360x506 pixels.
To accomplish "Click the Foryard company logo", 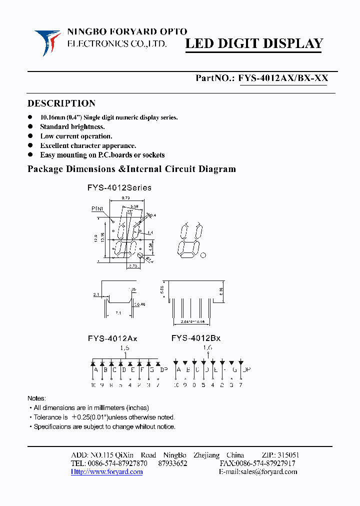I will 47,41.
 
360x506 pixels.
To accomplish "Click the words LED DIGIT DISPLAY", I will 254,44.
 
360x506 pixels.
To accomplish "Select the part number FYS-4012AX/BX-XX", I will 283,78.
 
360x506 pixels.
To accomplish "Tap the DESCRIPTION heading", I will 61,103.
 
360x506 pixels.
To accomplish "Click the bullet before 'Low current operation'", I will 31,136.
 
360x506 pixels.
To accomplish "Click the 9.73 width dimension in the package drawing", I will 126,198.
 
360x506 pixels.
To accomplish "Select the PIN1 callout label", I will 97,208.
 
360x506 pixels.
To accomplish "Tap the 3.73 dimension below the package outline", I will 133,266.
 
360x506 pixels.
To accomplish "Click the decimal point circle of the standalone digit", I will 203,255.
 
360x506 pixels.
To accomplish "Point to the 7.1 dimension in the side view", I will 117,312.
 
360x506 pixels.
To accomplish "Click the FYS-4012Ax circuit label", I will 112,338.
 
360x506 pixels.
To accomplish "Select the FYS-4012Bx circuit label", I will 195,338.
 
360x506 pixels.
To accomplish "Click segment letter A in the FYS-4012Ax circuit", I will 95,370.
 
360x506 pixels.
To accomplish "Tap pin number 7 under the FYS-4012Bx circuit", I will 240,385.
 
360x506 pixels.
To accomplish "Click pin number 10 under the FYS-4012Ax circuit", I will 93,385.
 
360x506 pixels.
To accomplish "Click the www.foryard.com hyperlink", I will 106,471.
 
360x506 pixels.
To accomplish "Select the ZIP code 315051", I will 287,455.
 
